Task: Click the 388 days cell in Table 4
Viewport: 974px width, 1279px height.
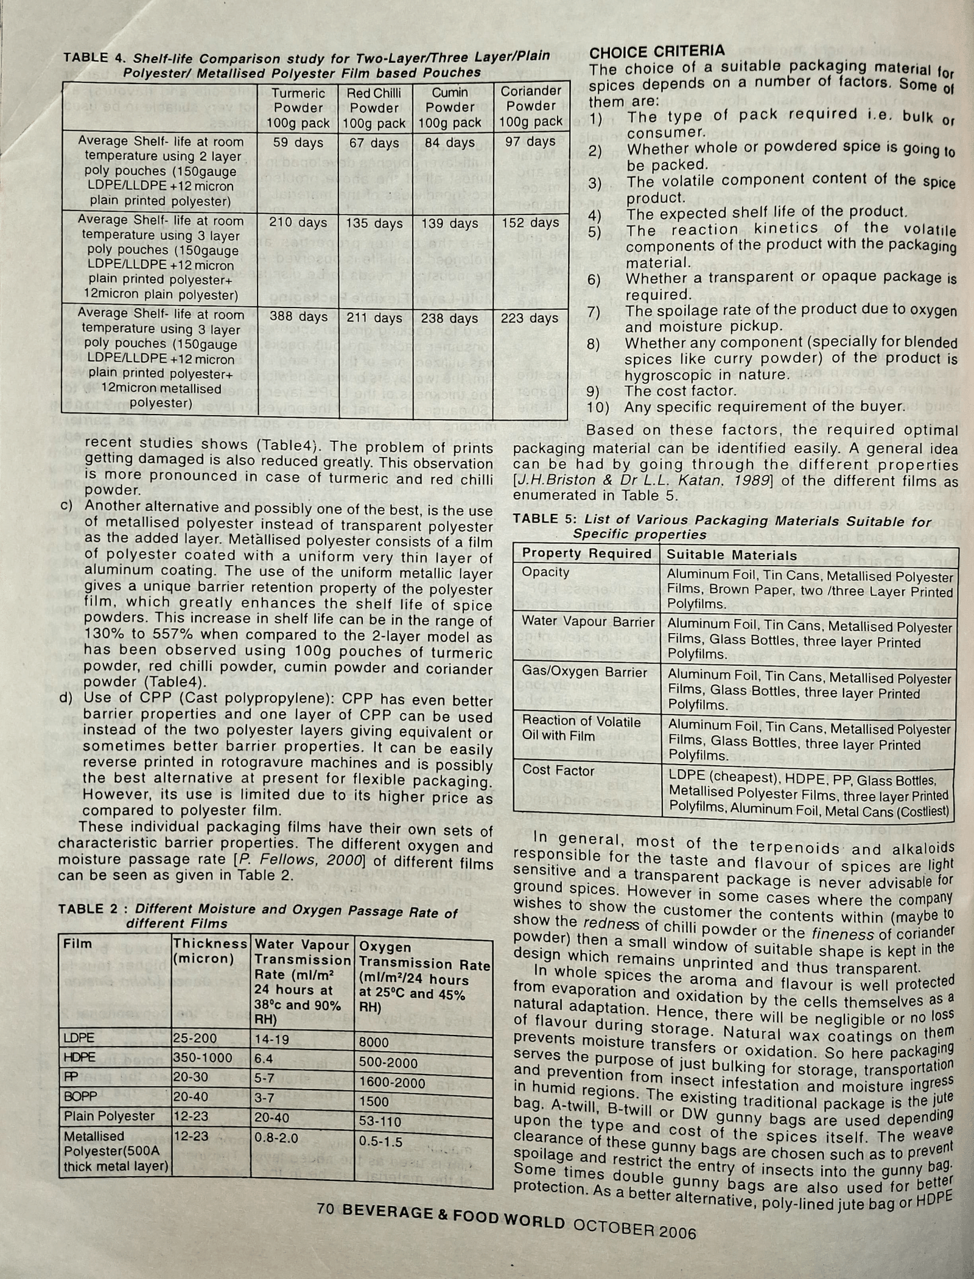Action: click(298, 317)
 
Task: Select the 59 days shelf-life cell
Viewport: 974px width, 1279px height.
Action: click(298, 143)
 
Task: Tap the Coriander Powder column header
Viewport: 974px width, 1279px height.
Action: click(530, 106)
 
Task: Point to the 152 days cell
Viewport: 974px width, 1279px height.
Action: click(530, 223)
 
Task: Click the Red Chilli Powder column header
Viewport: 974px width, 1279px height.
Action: click(374, 108)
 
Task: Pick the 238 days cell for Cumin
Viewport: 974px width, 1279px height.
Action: click(450, 318)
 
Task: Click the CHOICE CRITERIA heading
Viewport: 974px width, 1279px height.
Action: click(657, 52)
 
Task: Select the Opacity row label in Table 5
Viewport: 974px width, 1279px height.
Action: click(545, 572)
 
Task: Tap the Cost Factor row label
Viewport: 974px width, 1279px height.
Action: click(558, 770)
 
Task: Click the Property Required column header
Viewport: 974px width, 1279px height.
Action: click(586, 553)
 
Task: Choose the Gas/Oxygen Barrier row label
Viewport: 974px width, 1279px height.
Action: click(584, 672)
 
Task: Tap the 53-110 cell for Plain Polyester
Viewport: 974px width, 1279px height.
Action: click(380, 1121)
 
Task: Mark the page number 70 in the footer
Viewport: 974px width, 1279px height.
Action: click(326, 1209)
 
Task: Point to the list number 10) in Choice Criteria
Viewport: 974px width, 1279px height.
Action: click(598, 407)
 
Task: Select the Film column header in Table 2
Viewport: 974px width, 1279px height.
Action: click(78, 944)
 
